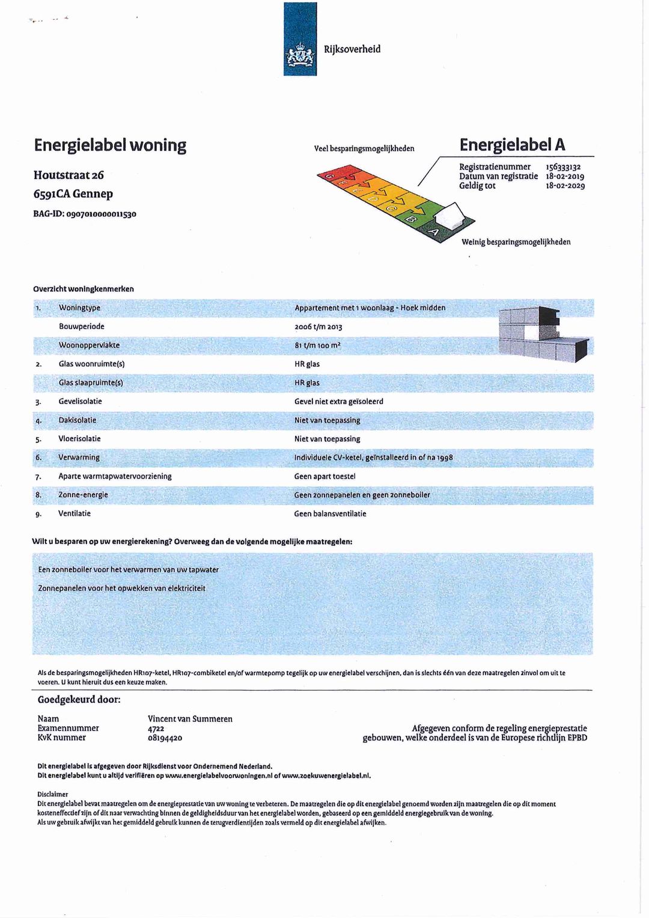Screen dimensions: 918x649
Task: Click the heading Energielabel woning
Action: click(x=110, y=145)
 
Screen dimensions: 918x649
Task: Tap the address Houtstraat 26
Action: click(x=69, y=175)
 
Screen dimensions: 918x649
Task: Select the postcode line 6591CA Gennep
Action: click(x=73, y=194)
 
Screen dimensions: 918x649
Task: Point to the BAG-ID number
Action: click(x=96, y=213)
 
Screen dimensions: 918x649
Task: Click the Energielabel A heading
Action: click(x=512, y=144)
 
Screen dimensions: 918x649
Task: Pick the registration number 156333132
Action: click(x=563, y=167)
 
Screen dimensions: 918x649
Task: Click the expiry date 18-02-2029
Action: click(x=565, y=186)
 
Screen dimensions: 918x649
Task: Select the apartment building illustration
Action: click(x=543, y=334)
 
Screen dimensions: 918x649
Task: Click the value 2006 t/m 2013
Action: click(x=318, y=326)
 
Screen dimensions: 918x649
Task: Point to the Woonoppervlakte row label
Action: click(x=89, y=345)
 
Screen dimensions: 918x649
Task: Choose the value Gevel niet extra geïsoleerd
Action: click(x=338, y=402)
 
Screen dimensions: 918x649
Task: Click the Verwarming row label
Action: click(x=79, y=457)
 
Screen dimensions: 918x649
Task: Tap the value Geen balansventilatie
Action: click(x=330, y=513)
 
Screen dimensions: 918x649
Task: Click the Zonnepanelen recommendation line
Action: click(x=121, y=588)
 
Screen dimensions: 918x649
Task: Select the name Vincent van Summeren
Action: click(x=190, y=719)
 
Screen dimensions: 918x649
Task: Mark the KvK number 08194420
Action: click(x=165, y=738)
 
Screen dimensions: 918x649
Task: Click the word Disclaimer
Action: click(x=53, y=794)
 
